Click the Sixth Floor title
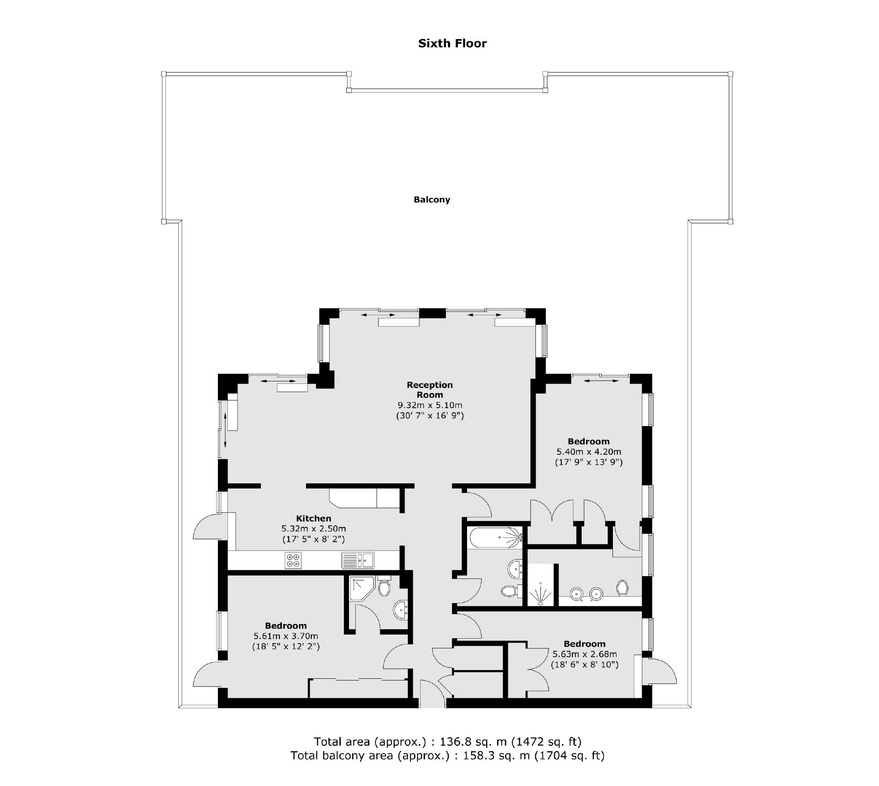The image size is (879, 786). pyautogui.click(x=452, y=43)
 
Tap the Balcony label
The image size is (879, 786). pyautogui.click(x=432, y=200)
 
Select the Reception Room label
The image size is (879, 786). pyautogui.click(x=430, y=390)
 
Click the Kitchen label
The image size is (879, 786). pyautogui.click(x=313, y=518)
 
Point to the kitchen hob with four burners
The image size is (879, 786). pyautogui.click(x=293, y=560)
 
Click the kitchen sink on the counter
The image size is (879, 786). pyautogui.click(x=358, y=560)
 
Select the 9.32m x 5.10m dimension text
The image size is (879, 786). pyautogui.click(x=430, y=405)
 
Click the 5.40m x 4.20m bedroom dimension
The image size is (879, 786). pyautogui.click(x=589, y=452)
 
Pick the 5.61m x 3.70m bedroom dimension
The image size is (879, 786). pyautogui.click(x=286, y=636)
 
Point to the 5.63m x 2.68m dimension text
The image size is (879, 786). pyautogui.click(x=584, y=654)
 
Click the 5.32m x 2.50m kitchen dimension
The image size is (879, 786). pyautogui.click(x=313, y=528)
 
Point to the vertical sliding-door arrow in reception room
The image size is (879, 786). pyautogui.click(x=225, y=430)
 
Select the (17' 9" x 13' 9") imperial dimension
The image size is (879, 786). pyautogui.click(x=589, y=462)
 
